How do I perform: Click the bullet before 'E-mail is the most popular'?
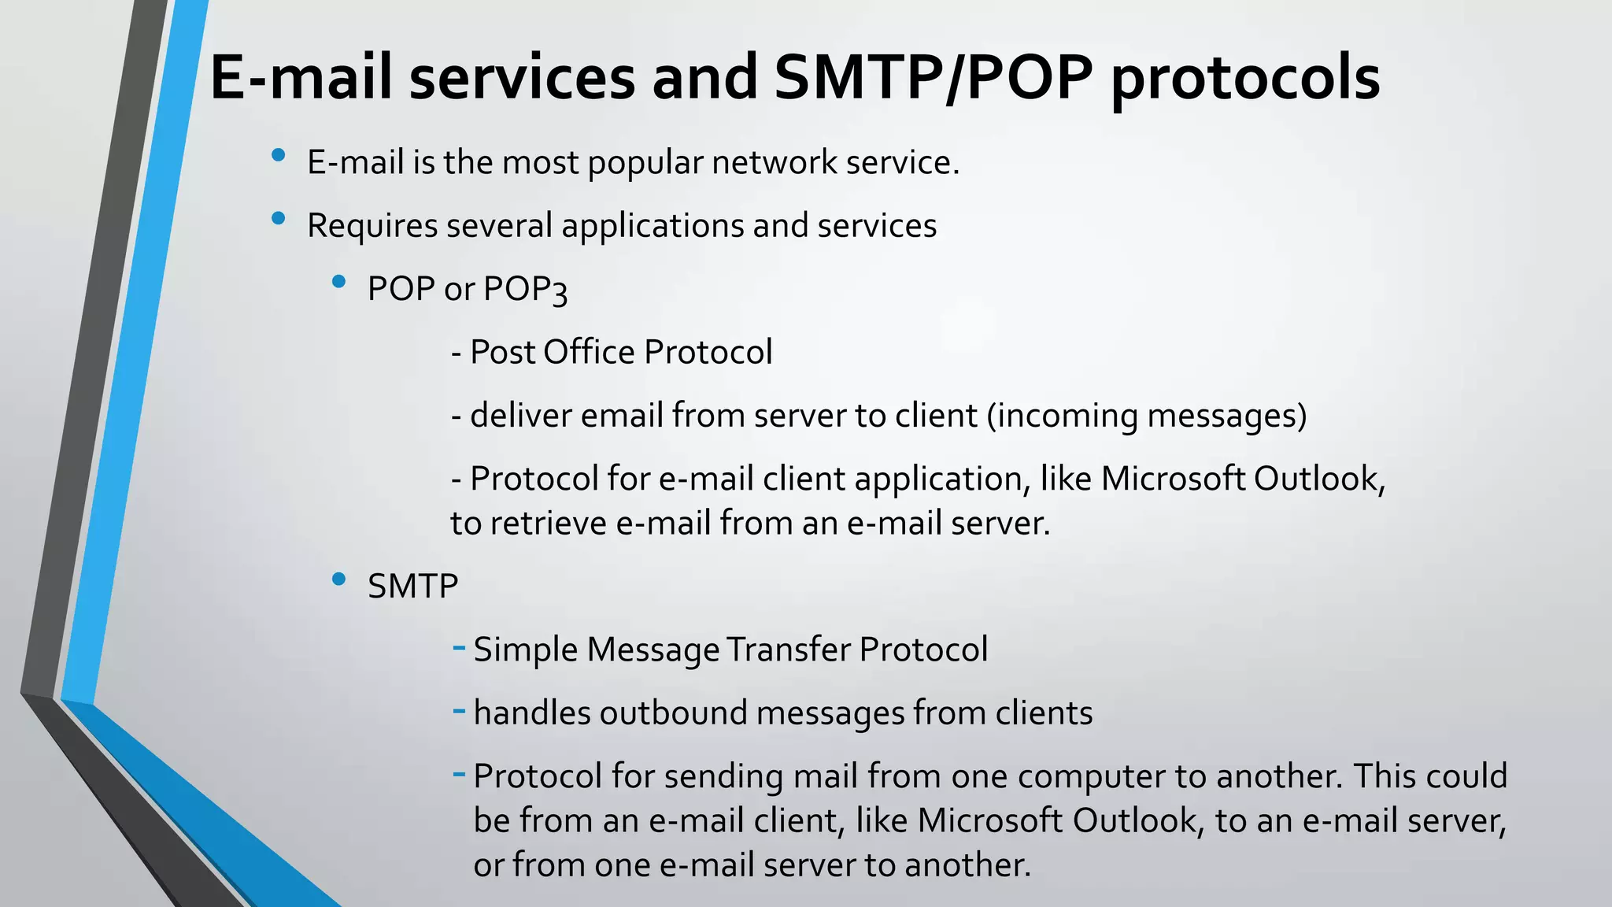coord(278,156)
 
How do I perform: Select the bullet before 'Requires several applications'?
coord(278,219)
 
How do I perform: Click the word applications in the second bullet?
coord(652,227)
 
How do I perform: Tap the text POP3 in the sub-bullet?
coord(525,290)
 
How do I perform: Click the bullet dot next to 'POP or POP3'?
coord(339,281)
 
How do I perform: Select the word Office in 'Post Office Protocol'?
coord(589,352)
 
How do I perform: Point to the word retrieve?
coord(549,524)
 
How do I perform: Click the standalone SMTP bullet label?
coord(412,587)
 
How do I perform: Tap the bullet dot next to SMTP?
coord(339,579)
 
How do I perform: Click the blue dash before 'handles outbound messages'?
coord(460,712)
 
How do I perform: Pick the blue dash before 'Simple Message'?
coord(460,648)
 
